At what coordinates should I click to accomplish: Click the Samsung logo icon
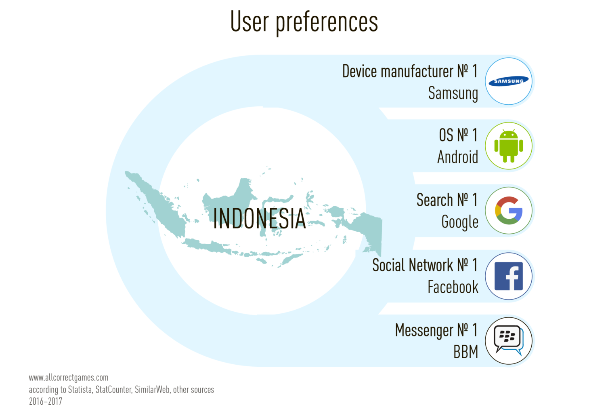[508, 81]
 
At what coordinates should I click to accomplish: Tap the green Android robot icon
[509, 146]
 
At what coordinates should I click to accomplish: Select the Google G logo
[509, 210]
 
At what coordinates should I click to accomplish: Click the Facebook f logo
[509, 276]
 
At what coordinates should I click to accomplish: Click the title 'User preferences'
[304, 22]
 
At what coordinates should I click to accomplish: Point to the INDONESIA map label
[260, 219]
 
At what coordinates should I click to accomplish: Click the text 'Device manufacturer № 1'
[410, 71]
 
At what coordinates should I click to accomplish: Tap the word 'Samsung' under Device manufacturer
[453, 93]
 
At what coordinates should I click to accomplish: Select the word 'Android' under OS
[458, 157]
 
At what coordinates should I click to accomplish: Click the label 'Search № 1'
[447, 200]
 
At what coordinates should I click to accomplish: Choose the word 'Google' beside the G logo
[460, 222]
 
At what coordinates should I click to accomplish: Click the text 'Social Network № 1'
[425, 265]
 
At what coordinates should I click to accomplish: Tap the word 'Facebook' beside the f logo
[453, 287]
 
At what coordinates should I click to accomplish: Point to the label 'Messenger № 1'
[436, 331]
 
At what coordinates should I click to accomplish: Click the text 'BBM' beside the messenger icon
[465, 352]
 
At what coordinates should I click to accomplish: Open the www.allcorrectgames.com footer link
[69, 378]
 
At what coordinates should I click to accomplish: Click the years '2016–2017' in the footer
[46, 401]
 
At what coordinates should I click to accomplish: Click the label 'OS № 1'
[458, 135]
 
